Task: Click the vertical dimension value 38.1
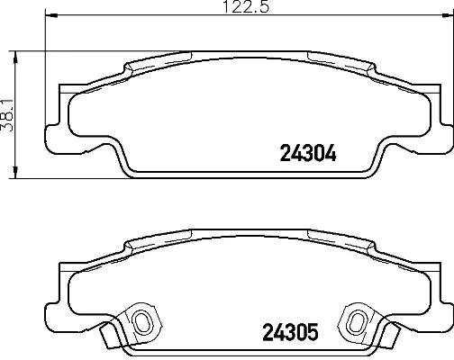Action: pos(8,114)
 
